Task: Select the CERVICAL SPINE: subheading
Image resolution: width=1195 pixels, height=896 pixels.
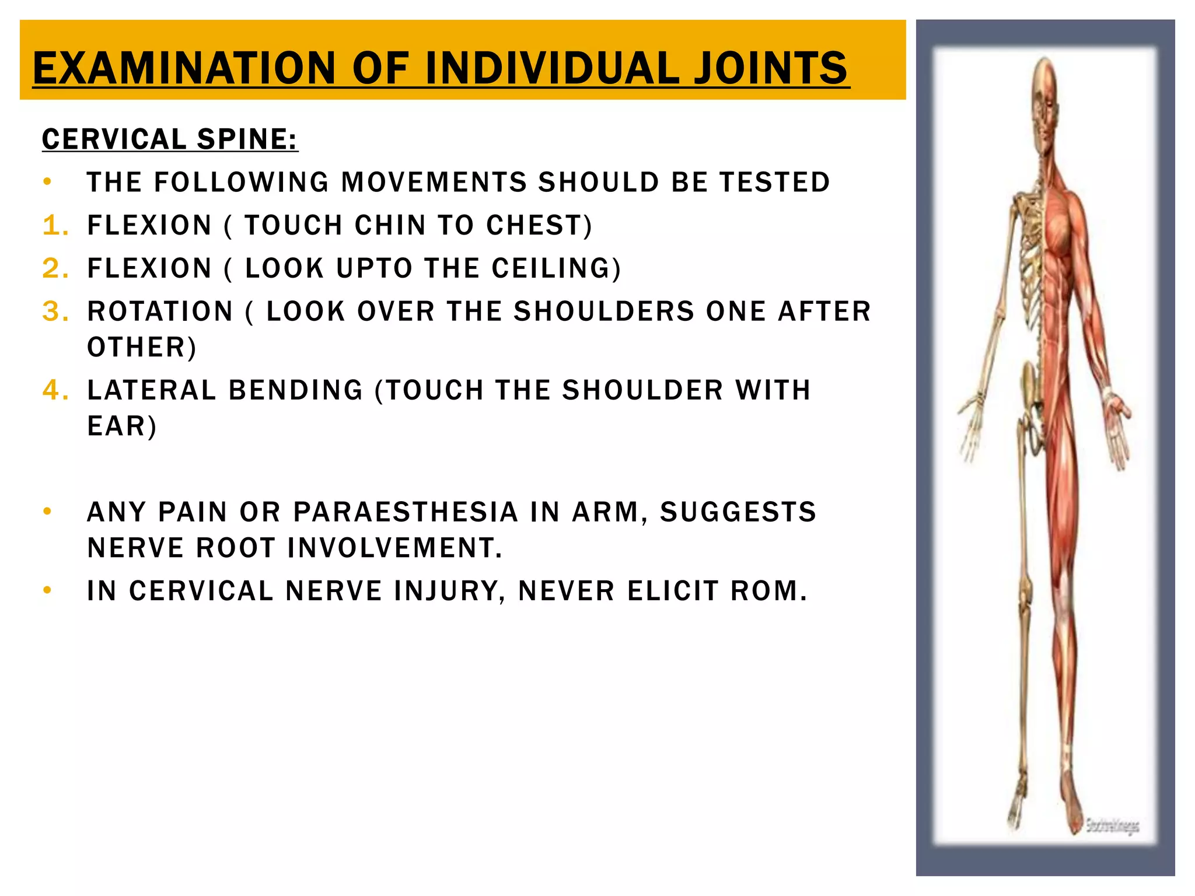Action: tap(170, 139)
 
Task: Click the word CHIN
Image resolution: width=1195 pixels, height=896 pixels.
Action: tap(390, 225)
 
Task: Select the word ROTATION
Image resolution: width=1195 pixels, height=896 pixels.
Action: tap(160, 311)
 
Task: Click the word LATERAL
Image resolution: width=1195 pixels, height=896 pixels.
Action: tap(152, 390)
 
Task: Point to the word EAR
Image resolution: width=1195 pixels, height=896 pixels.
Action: tap(120, 426)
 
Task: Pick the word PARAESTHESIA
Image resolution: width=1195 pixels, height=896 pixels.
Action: tap(406, 512)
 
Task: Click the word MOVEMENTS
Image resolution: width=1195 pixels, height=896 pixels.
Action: tap(434, 182)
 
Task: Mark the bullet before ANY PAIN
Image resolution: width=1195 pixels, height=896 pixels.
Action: tap(47, 512)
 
